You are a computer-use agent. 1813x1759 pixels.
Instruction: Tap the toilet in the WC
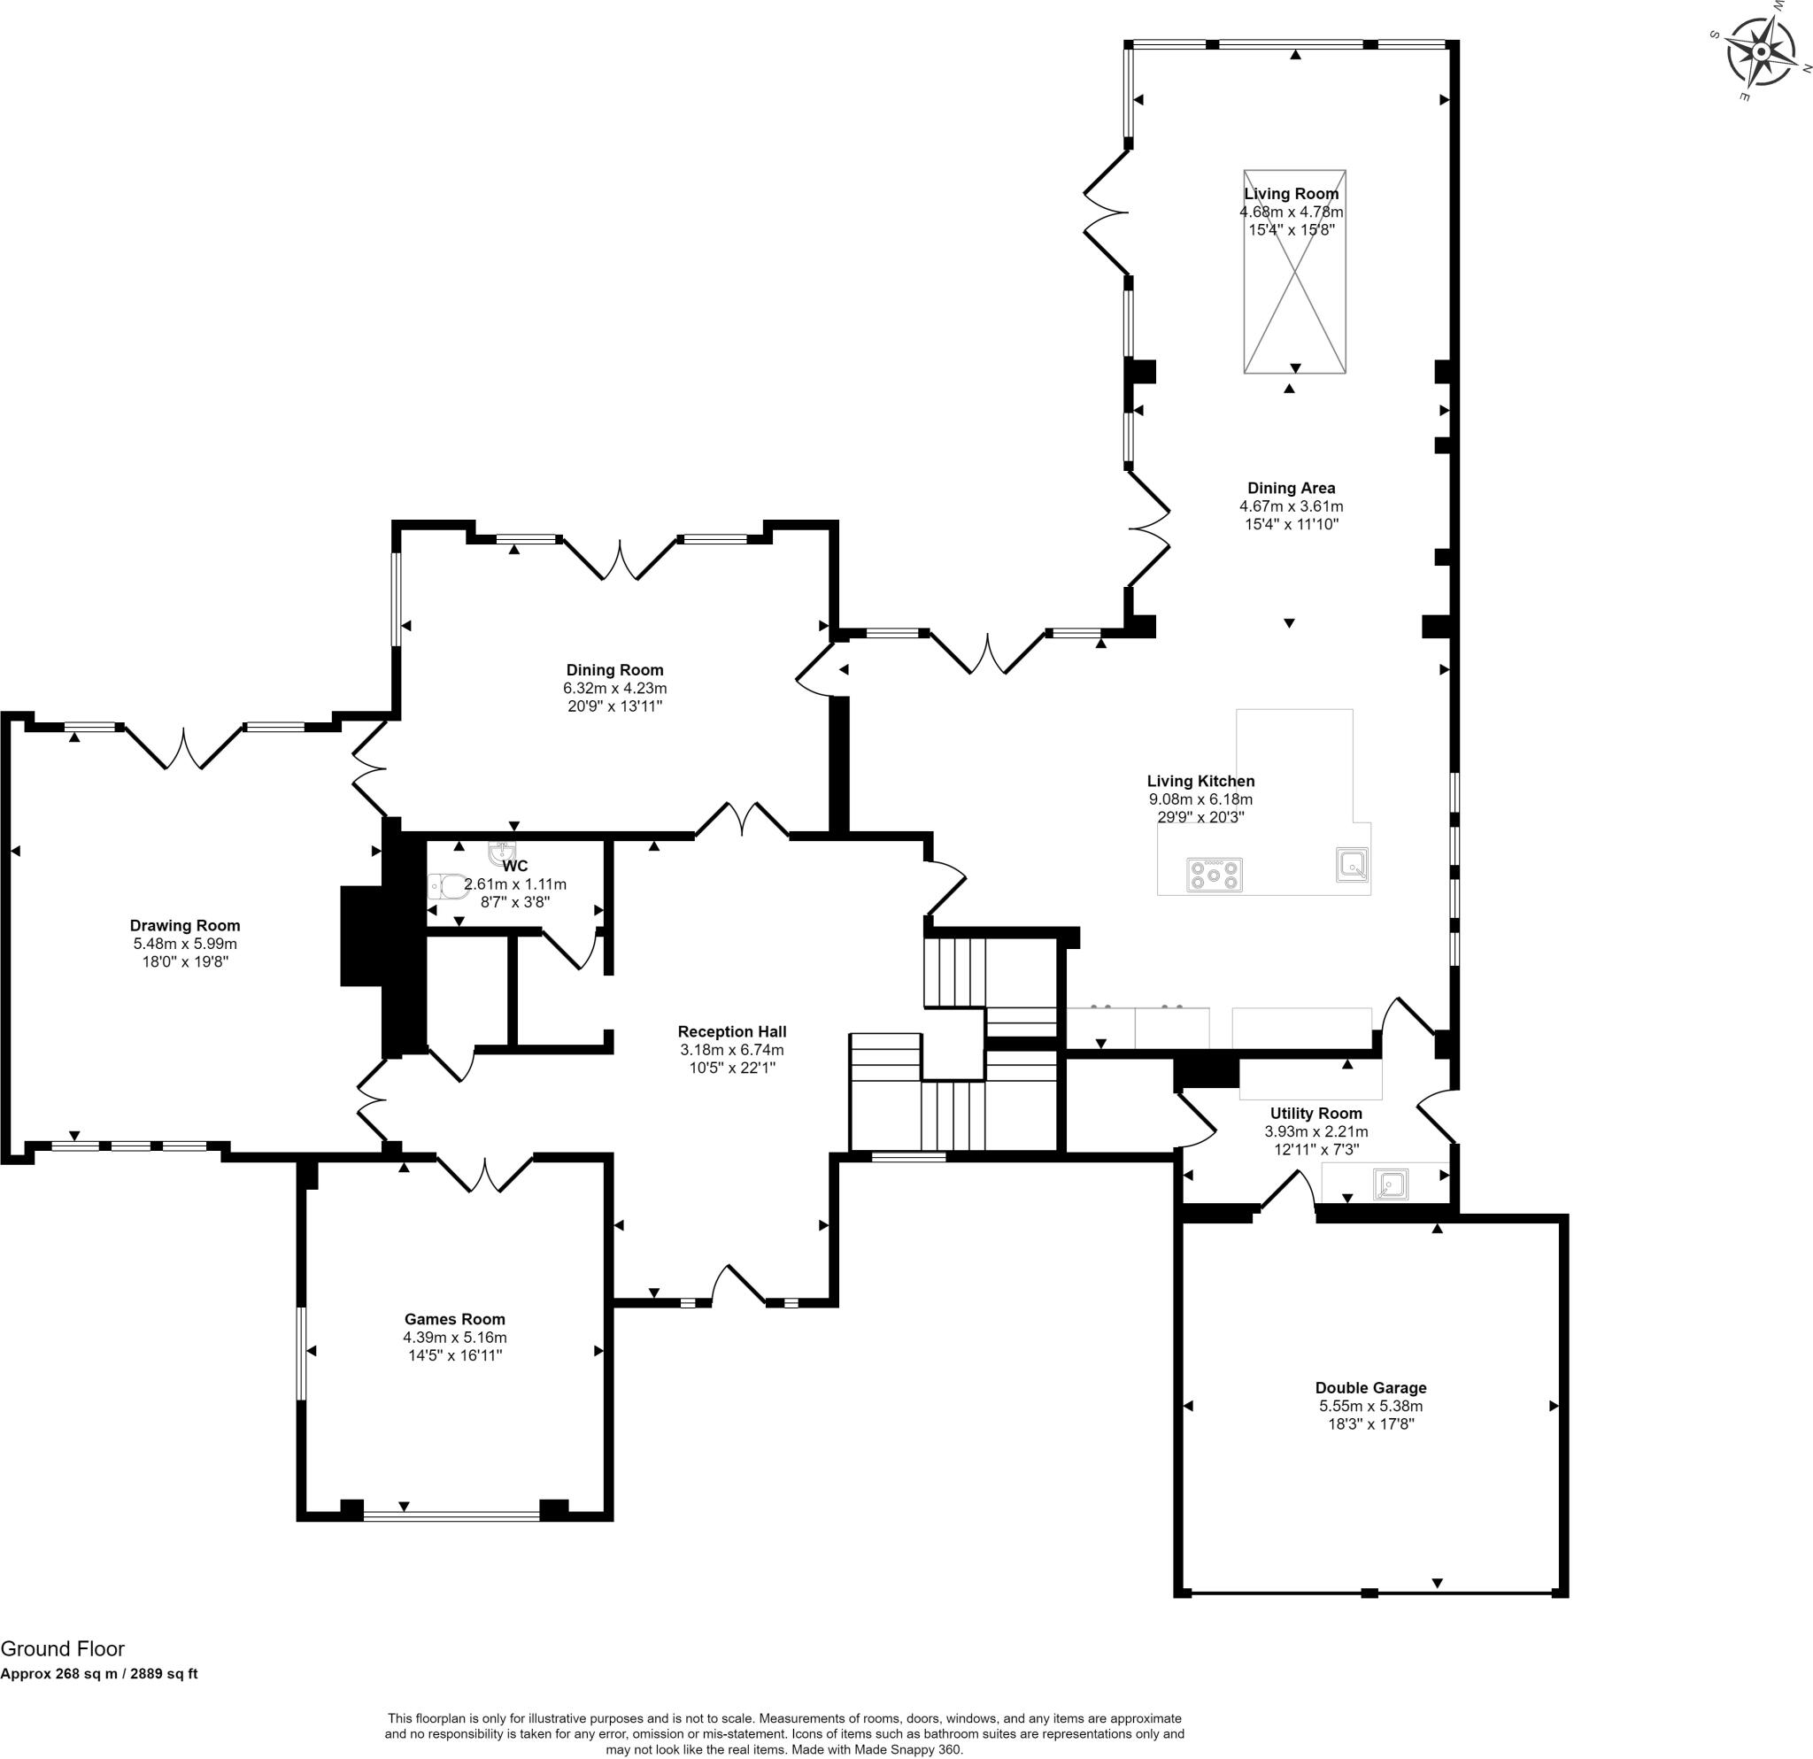[447, 887]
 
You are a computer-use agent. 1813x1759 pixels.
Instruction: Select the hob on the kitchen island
[1215, 874]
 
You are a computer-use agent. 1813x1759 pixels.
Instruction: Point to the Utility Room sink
[1390, 1184]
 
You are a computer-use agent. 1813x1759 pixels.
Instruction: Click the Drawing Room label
[185, 926]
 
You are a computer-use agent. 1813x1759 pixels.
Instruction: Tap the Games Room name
[455, 1320]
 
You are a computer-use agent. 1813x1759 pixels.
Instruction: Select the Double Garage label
[1371, 1388]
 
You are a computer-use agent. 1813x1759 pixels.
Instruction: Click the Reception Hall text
[732, 1032]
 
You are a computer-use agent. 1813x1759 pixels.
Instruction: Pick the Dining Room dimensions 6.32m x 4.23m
[615, 689]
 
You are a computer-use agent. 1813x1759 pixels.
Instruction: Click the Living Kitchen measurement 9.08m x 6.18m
[1200, 800]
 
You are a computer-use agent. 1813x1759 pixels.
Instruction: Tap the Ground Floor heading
[62, 1649]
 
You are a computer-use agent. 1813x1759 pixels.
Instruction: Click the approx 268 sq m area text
[99, 1674]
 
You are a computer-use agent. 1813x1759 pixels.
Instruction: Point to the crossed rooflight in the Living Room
[1295, 272]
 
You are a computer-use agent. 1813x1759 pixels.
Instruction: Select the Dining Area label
[1292, 489]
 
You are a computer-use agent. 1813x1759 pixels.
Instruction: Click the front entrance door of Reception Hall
[738, 1285]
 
